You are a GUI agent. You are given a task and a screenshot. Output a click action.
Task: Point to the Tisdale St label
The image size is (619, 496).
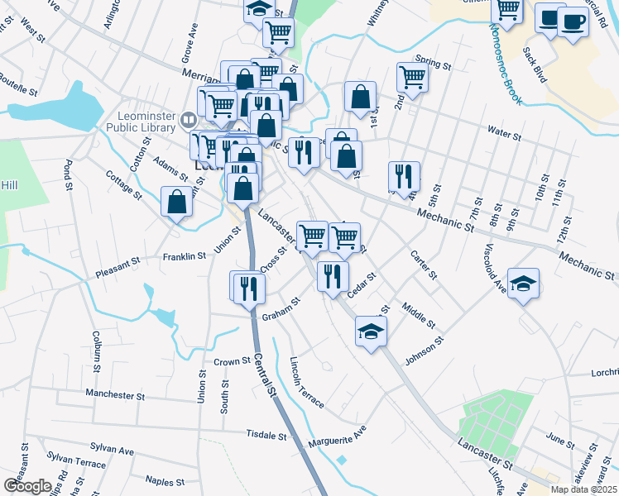(x=266, y=435)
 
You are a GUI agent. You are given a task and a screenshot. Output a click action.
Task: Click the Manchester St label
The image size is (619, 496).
(x=115, y=395)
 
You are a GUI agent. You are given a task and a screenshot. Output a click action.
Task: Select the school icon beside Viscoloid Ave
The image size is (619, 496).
(x=523, y=283)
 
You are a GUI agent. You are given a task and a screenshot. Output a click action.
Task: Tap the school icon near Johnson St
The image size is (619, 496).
(x=371, y=331)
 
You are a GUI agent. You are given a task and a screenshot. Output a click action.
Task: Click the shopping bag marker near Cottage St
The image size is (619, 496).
(x=177, y=201)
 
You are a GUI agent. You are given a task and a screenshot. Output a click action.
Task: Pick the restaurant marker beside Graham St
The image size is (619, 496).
(x=249, y=287)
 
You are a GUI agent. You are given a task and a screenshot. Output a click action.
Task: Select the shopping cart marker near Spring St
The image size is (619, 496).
(x=411, y=77)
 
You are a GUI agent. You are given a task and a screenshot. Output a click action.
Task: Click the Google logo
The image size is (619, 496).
(x=27, y=486)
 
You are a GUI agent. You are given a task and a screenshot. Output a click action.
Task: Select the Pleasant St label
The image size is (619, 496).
(x=118, y=265)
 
